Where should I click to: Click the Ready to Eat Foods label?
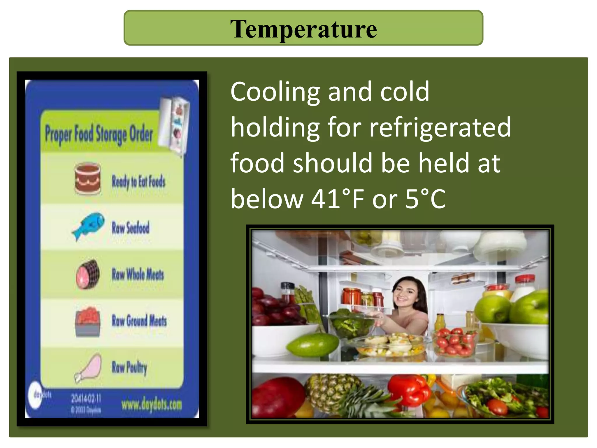[138, 181]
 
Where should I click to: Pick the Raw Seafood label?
[131, 228]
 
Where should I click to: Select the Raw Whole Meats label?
[138, 274]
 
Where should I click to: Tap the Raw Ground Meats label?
[139, 321]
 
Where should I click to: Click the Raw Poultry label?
[129, 367]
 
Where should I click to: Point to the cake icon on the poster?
[88, 178]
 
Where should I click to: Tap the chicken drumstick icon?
[89, 367]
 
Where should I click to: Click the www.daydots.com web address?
[152, 405]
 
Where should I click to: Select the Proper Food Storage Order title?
[99, 134]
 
